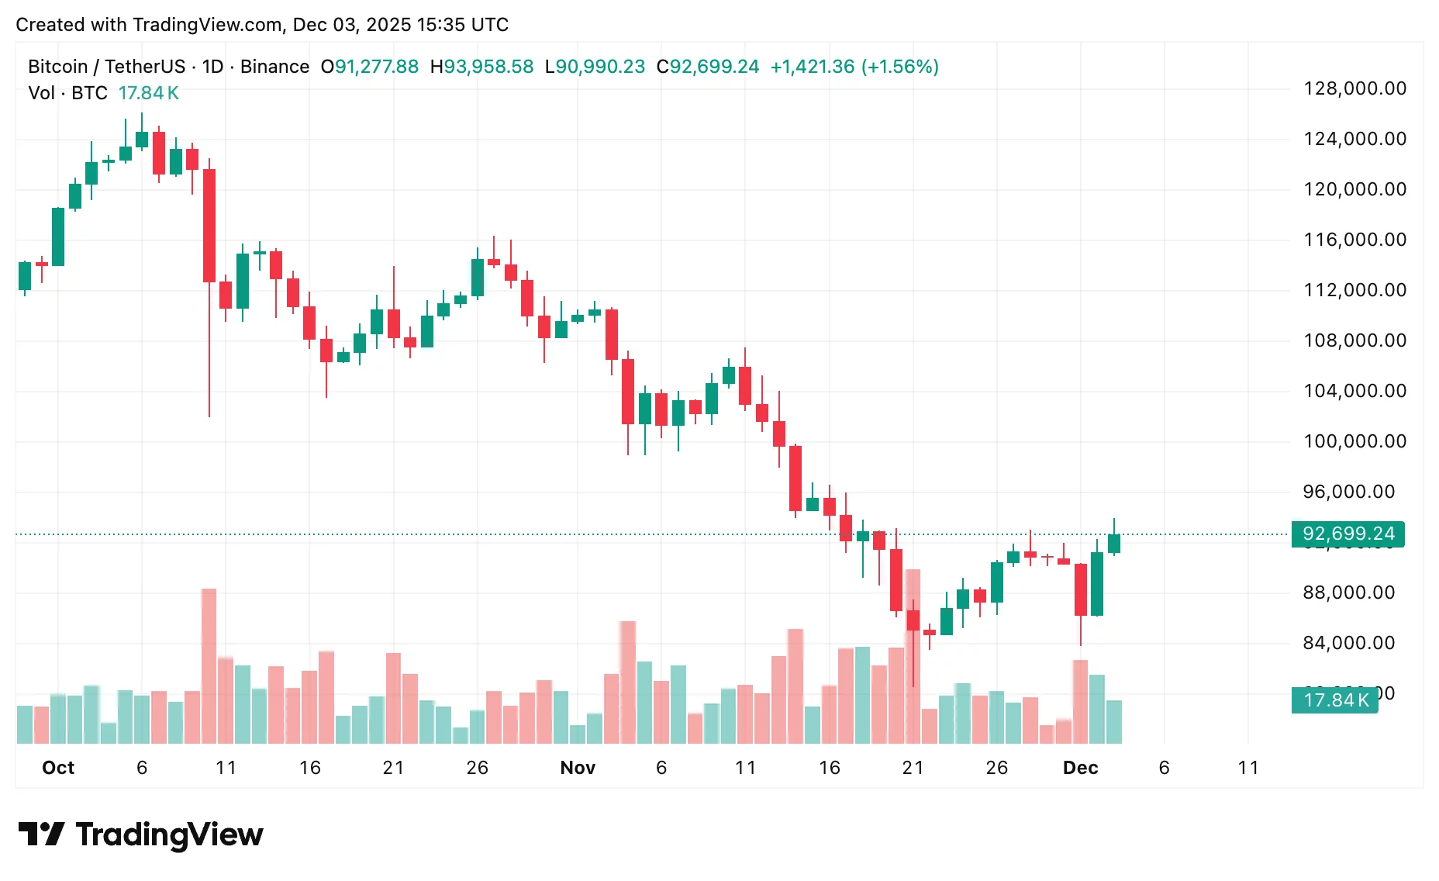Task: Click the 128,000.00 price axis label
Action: (x=1354, y=88)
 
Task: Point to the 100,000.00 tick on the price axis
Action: (x=1354, y=441)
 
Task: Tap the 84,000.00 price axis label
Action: (x=1348, y=643)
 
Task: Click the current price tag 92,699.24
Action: (x=1348, y=534)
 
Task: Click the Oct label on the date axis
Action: (x=58, y=768)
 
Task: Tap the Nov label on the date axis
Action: (x=578, y=768)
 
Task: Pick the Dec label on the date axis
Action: (x=1080, y=768)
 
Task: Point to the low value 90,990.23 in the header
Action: (x=600, y=67)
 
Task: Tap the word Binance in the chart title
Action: (x=274, y=67)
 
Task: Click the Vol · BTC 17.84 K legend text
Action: (x=103, y=93)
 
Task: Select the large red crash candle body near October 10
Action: (x=209, y=225)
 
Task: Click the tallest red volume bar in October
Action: (x=209, y=667)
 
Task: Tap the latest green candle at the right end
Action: (x=1114, y=544)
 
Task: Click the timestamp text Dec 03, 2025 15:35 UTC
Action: (x=400, y=25)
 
